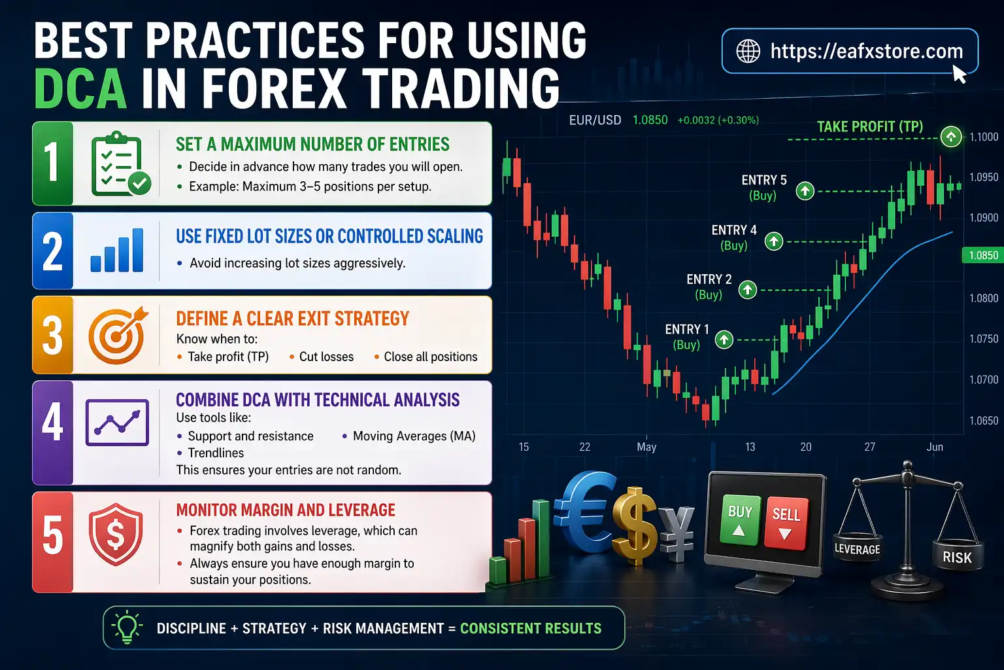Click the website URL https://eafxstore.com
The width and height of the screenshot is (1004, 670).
coord(866,51)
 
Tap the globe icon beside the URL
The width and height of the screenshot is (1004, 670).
coord(748,51)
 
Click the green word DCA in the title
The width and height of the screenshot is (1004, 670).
coord(80,89)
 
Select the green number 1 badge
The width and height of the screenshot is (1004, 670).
coord(52,163)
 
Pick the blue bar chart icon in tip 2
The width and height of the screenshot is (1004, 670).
coord(117,251)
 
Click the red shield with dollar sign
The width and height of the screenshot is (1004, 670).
coord(116,535)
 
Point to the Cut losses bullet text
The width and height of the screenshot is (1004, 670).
coord(326,357)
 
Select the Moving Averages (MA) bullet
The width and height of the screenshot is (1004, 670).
coord(414,436)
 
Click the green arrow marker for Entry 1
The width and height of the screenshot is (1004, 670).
coord(724,340)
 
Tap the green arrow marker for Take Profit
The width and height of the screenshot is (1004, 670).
coord(951,137)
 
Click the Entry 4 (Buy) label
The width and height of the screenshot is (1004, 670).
coord(734,238)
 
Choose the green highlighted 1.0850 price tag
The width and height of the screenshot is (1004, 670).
coord(983,255)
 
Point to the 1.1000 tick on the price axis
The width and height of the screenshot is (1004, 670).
coord(984,137)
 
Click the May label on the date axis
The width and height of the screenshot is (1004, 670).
coord(646,447)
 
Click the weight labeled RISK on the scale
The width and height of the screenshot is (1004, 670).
coord(957,557)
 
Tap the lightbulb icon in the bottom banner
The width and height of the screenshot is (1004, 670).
coord(127,628)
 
